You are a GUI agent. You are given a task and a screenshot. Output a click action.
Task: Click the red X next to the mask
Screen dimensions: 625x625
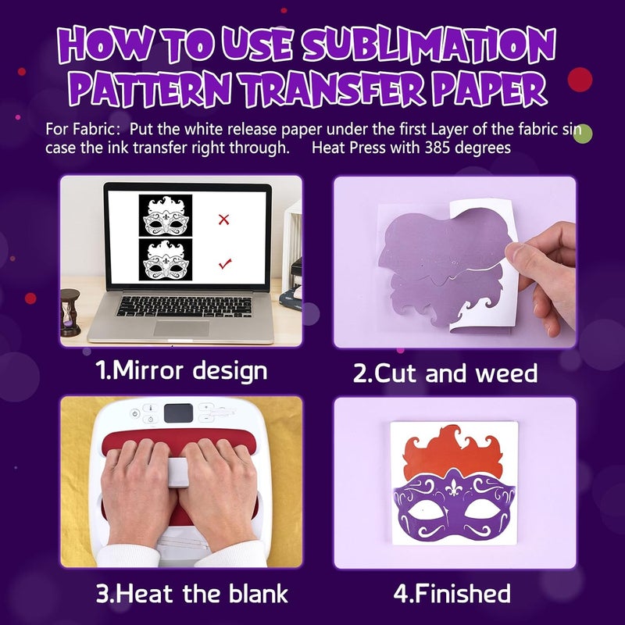224,220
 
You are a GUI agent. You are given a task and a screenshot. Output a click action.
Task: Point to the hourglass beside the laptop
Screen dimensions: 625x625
70,312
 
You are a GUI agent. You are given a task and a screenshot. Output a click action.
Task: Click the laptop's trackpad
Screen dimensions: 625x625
181,327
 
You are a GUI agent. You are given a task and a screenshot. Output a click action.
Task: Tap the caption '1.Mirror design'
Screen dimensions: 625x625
181,370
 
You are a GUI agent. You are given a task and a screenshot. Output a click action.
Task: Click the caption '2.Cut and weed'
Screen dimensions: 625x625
445,373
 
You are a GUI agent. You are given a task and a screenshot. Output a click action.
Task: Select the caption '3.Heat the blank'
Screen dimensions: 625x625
192,593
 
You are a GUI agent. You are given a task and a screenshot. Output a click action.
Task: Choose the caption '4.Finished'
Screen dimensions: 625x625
452,593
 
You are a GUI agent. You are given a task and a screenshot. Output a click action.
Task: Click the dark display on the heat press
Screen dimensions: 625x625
180,412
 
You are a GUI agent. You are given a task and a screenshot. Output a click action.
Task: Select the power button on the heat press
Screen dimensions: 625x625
134,413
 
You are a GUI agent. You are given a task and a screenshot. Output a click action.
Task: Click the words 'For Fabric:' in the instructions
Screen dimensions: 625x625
84,129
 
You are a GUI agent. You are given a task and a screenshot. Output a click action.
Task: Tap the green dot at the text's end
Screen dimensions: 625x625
582,132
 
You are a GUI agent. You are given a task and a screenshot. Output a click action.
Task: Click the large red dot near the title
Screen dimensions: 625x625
580,80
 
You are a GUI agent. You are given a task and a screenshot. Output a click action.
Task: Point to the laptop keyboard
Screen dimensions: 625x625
184,305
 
